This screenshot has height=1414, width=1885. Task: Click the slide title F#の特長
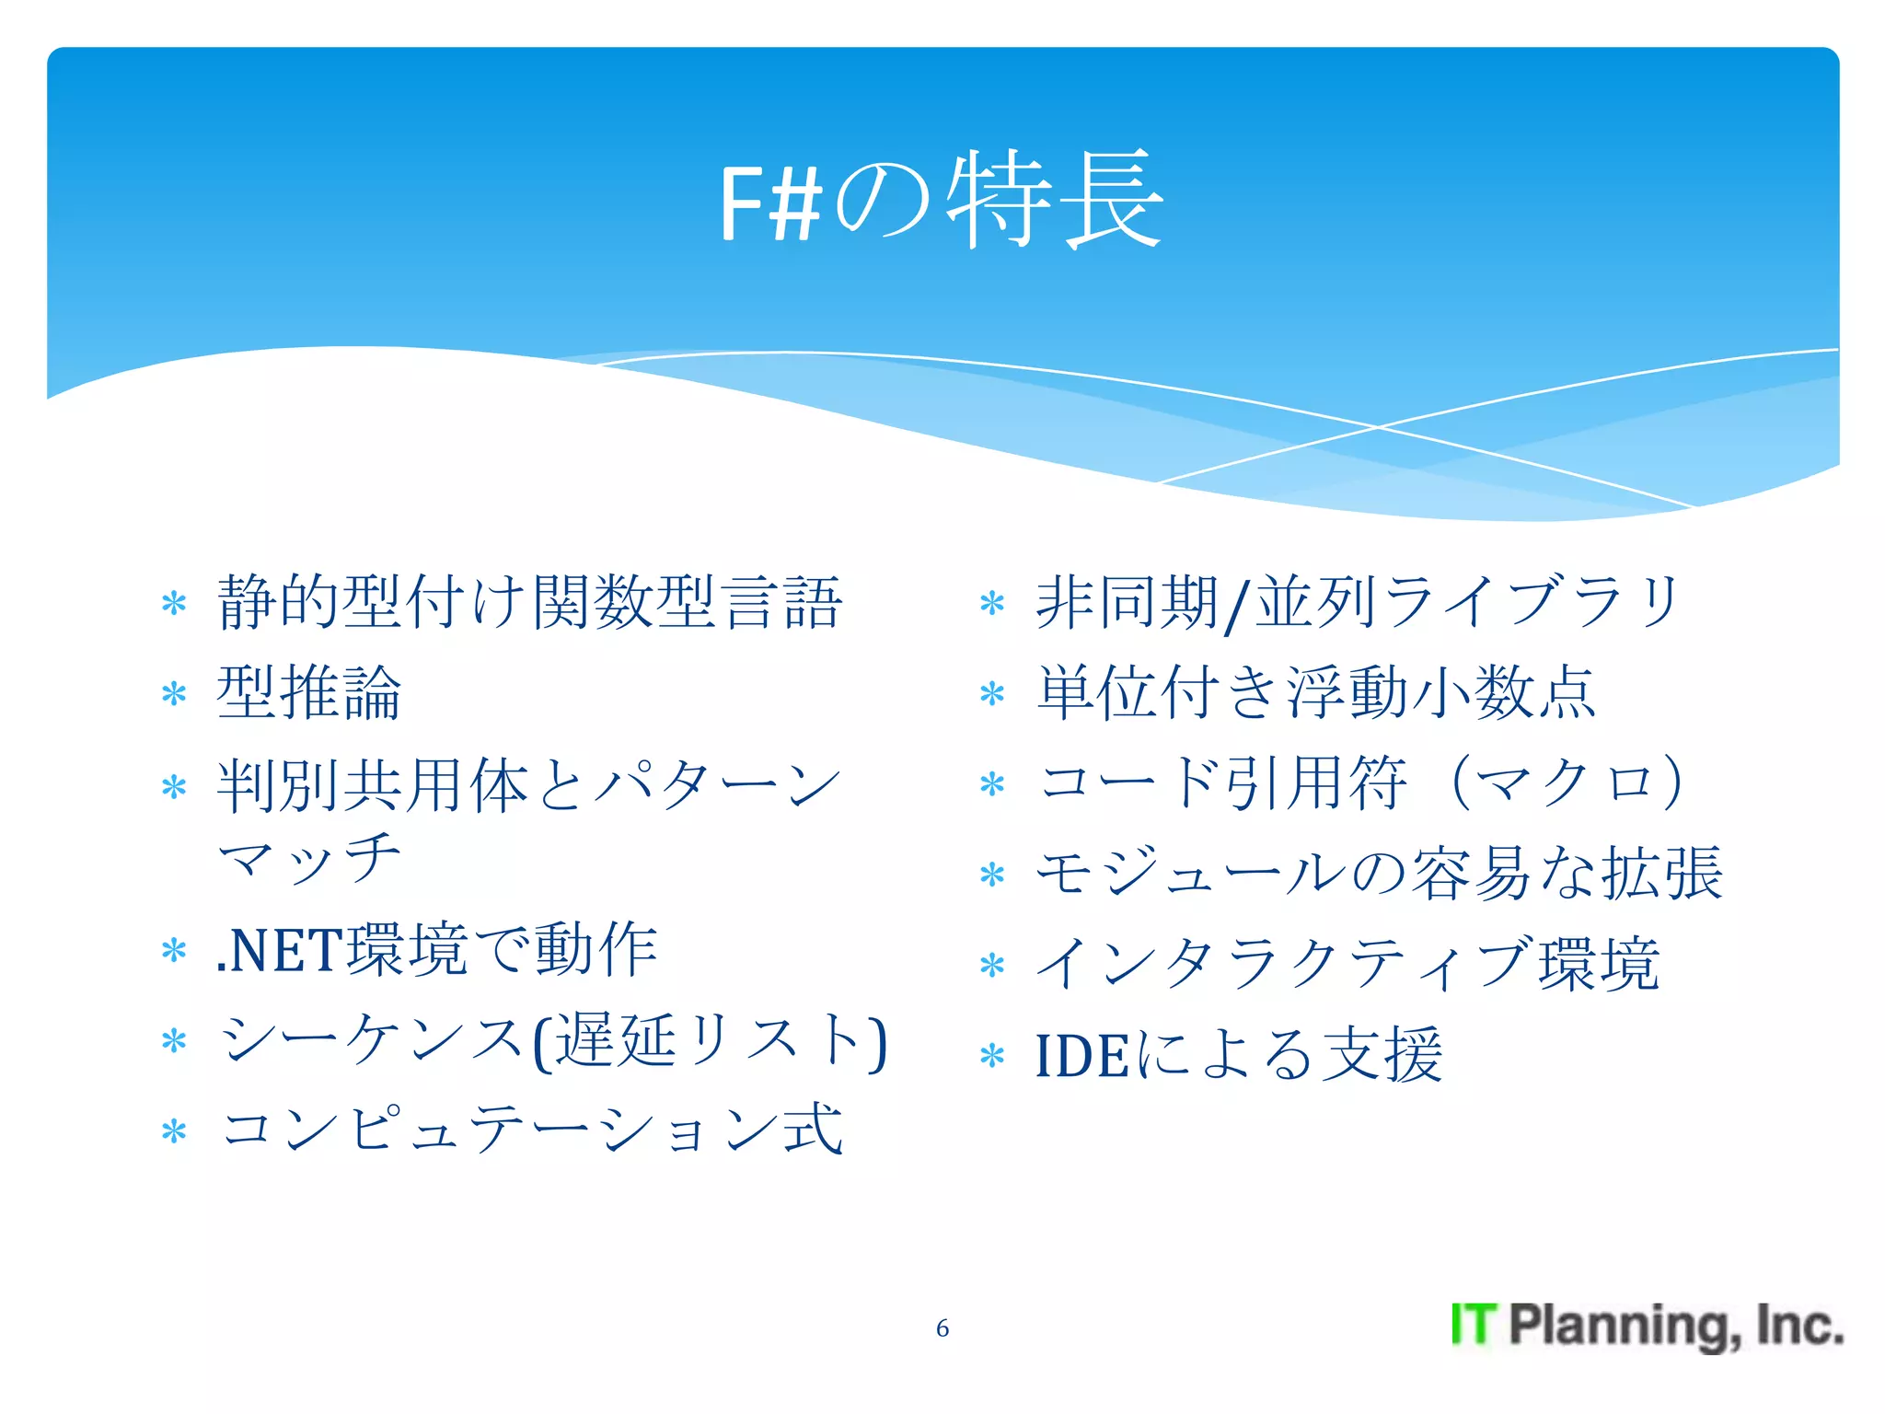[x=941, y=200]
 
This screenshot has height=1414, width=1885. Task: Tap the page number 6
[x=942, y=1327]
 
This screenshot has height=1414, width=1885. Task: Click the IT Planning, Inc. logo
[x=1646, y=1326]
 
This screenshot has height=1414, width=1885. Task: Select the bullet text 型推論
[x=309, y=692]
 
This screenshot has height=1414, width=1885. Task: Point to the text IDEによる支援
[x=1238, y=1055]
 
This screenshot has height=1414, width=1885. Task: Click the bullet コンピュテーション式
[x=532, y=1129]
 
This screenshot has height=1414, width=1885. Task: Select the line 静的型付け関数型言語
[x=529, y=603]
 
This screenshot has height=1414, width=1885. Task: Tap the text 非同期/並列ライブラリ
[x=1359, y=603]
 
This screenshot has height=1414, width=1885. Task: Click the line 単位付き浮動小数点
[x=1316, y=692]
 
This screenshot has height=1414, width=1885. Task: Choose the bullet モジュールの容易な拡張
[x=1378, y=873]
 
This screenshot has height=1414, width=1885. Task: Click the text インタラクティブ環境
[x=1347, y=964]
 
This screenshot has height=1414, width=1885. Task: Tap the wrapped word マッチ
[x=309, y=858]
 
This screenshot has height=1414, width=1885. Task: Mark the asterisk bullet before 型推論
[x=173, y=693]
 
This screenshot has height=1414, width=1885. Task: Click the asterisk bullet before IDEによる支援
[x=991, y=1056]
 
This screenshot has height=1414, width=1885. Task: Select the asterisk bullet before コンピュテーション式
[x=173, y=1130]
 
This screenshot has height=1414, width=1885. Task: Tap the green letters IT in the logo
[x=1474, y=1326]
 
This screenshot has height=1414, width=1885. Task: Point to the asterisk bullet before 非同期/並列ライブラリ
[x=991, y=604]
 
